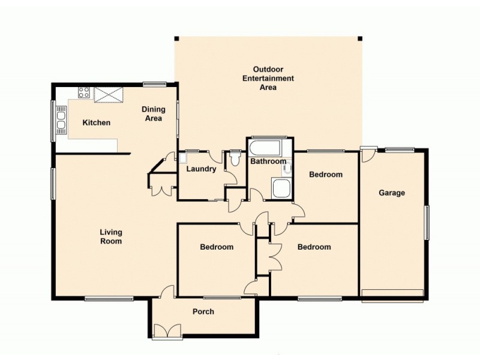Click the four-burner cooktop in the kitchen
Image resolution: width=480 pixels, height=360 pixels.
pos(84,93)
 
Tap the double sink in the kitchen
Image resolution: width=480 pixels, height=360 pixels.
pos(61,119)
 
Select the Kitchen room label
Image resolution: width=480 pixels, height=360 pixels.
pos(96,123)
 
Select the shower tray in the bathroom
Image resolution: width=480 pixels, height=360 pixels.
pos(281,188)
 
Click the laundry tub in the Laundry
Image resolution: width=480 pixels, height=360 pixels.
pos(184,159)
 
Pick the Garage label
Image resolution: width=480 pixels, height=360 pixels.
pos(391,193)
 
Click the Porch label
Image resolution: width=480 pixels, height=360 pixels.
pos(203,311)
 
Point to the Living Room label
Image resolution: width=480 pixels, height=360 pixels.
pos(111,237)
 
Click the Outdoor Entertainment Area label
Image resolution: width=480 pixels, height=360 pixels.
pos(268,78)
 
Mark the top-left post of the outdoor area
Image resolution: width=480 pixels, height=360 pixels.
pos(176,39)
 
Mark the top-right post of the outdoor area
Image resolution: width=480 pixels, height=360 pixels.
pos(360,39)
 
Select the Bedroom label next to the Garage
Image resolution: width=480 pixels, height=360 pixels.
pos(325,175)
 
